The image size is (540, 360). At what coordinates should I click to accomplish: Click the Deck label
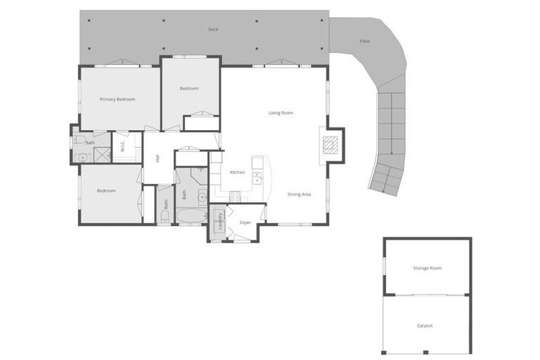(213, 30)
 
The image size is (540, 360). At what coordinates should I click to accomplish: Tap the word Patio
(364, 41)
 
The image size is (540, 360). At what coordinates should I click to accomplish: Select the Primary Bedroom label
(117, 99)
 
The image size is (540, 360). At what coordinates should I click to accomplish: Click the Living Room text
(281, 112)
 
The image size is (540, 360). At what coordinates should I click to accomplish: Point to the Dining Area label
(299, 194)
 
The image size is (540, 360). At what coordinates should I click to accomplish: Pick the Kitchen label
(238, 172)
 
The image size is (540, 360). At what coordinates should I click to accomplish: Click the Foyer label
(245, 222)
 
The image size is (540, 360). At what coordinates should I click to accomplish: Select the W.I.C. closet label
(122, 147)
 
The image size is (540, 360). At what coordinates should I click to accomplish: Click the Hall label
(157, 159)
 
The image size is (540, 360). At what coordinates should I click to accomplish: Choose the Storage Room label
(427, 268)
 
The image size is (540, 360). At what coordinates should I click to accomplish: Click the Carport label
(425, 326)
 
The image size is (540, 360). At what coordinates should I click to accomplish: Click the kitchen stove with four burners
(235, 197)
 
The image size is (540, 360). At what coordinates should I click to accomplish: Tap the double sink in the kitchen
(257, 177)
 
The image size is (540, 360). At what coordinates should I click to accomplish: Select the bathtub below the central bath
(191, 214)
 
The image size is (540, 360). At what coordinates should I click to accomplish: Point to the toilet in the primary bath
(79, 139)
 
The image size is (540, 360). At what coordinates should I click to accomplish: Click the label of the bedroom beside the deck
(189, 89)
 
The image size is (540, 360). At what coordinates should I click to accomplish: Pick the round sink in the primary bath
(82, 157)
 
